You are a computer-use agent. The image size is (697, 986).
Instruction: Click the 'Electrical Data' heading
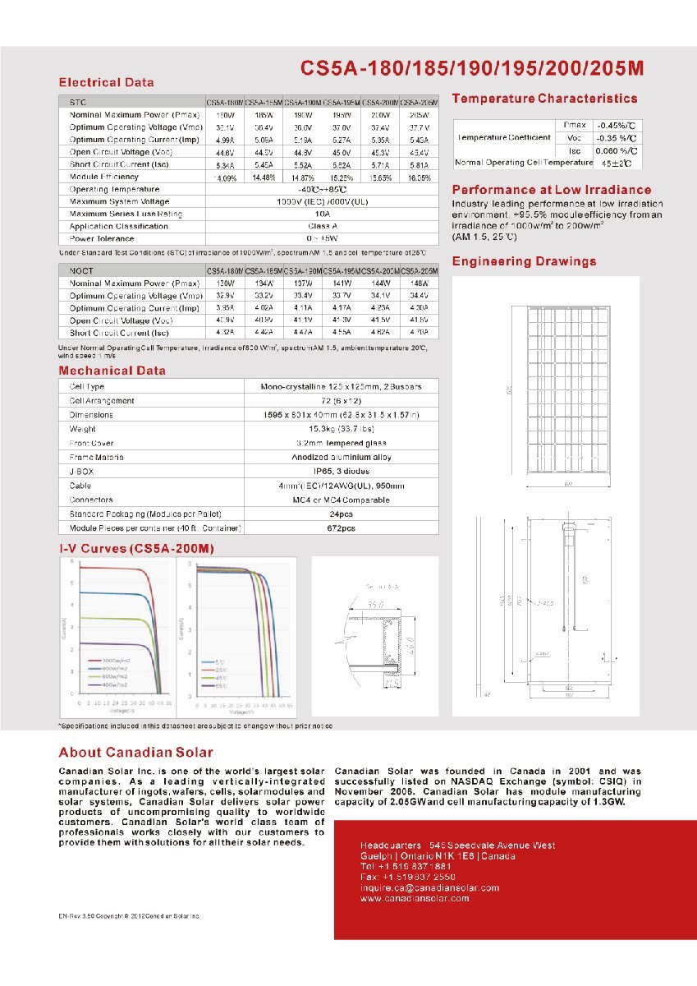[106, 82]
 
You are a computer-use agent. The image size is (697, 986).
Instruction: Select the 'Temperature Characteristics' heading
[544, 99]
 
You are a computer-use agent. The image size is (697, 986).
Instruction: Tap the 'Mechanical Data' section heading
[112, 371]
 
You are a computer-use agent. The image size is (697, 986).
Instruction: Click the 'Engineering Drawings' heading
[524, 261]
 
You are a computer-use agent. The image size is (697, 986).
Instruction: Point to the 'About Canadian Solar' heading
[135, 752]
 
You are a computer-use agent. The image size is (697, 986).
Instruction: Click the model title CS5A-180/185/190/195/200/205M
[471, 67]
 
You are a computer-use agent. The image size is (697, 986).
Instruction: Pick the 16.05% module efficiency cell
[419, 177]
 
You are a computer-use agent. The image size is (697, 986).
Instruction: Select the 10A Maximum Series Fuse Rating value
[322, 214]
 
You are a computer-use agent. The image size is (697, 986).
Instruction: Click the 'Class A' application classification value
[322, 226]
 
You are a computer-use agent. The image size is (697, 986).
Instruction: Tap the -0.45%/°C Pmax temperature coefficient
[616, 124]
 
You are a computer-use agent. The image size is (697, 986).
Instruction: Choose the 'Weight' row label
[83, 429]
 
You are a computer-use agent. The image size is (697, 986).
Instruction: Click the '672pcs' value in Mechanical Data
[342, 528]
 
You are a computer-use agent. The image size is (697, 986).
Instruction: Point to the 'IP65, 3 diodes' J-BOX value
[342, 472]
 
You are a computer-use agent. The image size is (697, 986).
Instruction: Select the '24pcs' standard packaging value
[342, 514]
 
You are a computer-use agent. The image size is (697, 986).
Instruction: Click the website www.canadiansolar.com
[415, 898]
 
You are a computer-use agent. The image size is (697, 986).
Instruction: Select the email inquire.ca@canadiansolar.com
[429, 887]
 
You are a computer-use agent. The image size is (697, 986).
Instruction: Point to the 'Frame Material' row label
[98, 457]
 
